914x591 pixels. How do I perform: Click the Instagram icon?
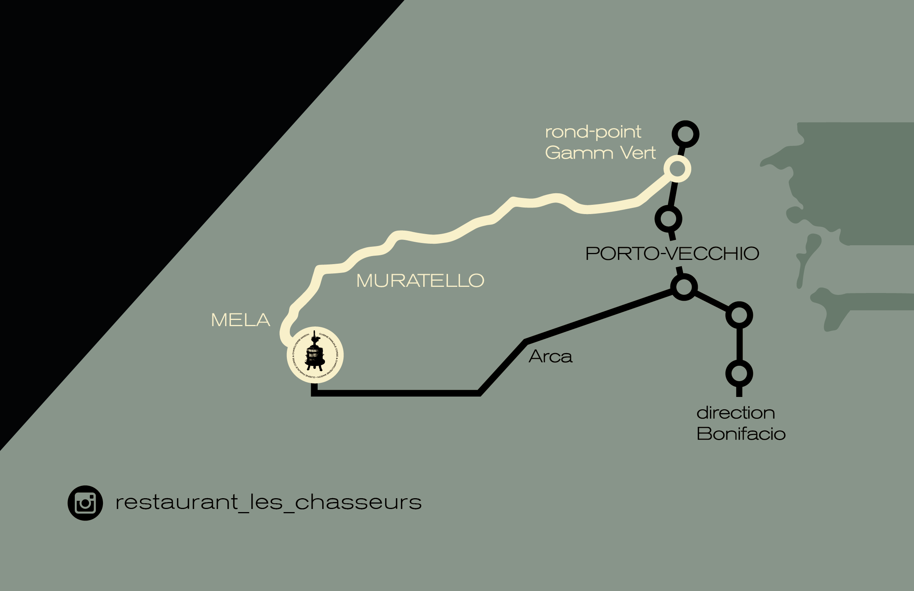pyautogui.click(x=85, y=503)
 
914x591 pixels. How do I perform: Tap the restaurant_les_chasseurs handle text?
pyautogui.click(x=268, y=502)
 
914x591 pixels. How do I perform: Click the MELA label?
pyautogui.click(x=241, y=320)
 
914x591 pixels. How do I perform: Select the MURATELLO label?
pyautogui.click(x=420, y=281)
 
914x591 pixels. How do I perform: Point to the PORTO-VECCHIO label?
pyautogui.click(x=672, y=254)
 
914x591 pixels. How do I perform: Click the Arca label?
pyautogui.click(x=550, y=357)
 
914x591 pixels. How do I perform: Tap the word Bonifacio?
pyautogui.click(x=741, y=434)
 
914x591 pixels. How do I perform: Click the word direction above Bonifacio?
pyautogui.click(x=736, y=413)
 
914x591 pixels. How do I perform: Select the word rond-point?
pyautogui.click(x=593, y=132)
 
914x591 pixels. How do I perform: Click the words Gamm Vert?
pyautogui.click(x=600, y=153)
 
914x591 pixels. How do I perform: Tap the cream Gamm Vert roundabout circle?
pyautogui.click(x=677, y=169)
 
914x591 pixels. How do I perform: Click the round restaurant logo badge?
pyautogui.click(x=315, y=355)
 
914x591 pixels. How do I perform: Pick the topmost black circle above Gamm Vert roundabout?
pyautogui.click(x=685, y=134)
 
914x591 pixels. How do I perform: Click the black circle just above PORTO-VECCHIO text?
pyautogui.click(x=668, y=219)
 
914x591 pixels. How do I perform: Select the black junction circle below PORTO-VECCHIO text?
pyautogui.click(x=684, y=287)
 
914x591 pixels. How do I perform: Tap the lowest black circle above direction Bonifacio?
pyautogui.click(x=739, y=373)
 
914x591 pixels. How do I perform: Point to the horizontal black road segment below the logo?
pyautogui.click(x=397, y=393)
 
